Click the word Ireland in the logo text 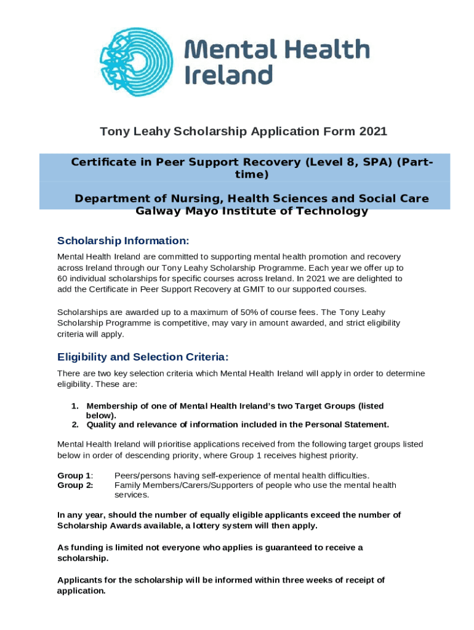[228, 75]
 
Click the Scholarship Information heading [123, 240]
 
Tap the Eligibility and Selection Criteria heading [143, 357]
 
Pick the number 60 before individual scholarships [62, 278]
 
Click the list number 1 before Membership [74, 406]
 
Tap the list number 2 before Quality [74, 425]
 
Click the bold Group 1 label [74, 476]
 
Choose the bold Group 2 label [74, 485]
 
